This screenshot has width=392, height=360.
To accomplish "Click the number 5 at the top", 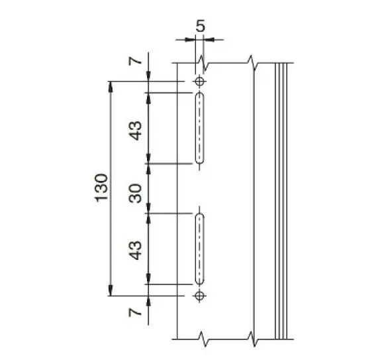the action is [x=200, y=26].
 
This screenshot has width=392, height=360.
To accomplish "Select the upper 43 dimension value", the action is [x=135, y=131].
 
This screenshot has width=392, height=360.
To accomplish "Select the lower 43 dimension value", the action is [x=135, y=251].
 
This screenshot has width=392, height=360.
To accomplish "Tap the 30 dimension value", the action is [x=135, y=194].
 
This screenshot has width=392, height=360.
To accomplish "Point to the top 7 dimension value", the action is [x=135, y=61].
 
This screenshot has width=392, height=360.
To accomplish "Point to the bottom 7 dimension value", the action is [x=135, y=312].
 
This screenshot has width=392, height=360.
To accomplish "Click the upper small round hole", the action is [x=199, y=82].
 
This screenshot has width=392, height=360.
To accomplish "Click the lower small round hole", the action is [x=199, y=296].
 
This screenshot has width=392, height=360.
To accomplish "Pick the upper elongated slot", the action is [x=199, y=128].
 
